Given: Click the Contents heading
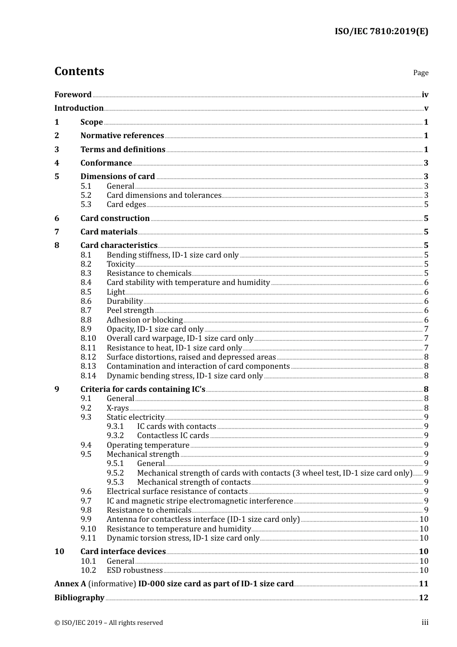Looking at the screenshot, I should click(79, 71).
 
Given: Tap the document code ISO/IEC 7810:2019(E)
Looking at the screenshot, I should click(381, 31).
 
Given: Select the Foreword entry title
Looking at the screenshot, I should click(73, 95).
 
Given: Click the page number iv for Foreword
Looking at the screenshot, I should click(425, 95).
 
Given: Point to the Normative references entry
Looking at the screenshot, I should click(122, 136).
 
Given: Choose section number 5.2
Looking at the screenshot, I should click(86, 195).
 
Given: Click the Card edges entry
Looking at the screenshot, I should click(126, 205).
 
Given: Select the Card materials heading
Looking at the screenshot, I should click(109, 232).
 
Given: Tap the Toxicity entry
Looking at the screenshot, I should click(121, 264).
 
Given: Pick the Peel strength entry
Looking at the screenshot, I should click(130, 311).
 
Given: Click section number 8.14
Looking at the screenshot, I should click(88, 376).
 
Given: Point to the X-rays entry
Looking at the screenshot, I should click(118, 408).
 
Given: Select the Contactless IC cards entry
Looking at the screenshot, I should click(173, 436).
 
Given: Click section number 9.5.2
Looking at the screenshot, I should click(115, 473).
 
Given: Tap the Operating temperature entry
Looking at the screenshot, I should click(148, 445).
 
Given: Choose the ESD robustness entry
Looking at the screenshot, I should click(135, 570).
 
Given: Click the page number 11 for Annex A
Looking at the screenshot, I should click(423, 584).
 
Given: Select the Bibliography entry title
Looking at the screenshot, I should click(79, 598).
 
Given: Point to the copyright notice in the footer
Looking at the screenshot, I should click(109, 623).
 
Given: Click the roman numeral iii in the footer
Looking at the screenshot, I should click(425, 622).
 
